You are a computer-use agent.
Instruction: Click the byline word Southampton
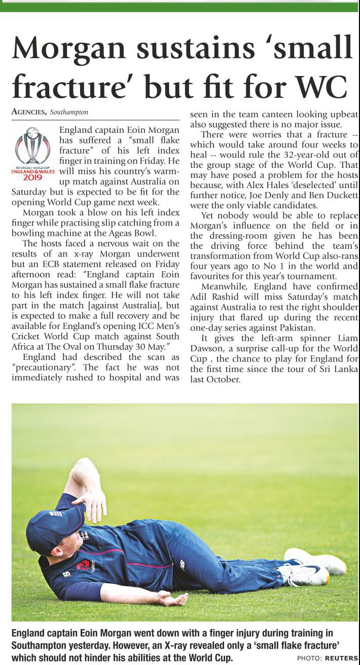[69, 112]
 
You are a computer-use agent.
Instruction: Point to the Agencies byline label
[29, 112]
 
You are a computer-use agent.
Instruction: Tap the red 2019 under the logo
[32, 177]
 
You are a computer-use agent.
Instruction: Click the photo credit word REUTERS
[341, 658]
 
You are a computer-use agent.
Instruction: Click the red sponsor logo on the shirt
[83, 565]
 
